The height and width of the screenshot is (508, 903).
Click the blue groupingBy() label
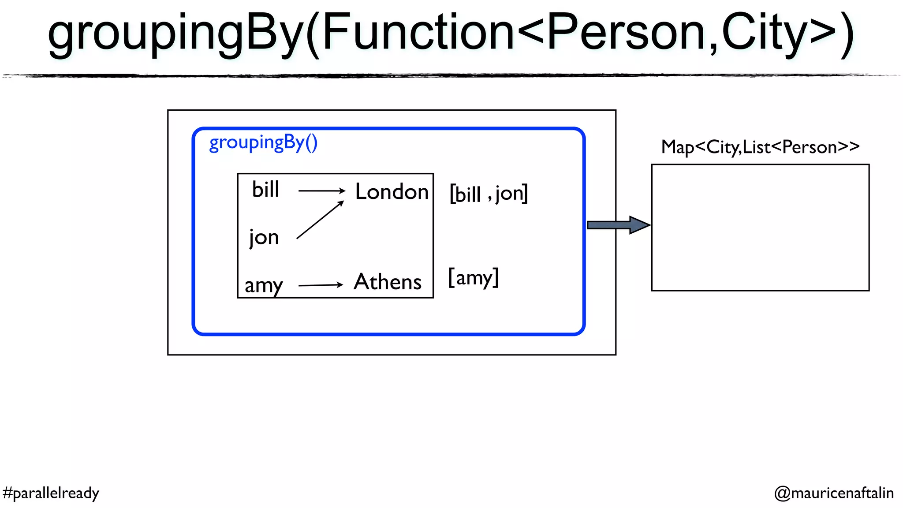click(x=263, y=143)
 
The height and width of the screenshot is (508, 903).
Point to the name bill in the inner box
click(x=266, y=190)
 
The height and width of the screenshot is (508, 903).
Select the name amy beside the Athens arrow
click(x=264, y=285)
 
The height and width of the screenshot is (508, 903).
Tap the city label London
click(x=392, y=192)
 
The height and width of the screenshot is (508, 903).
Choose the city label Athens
click(x=388, y=282)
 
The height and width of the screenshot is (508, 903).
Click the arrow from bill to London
click(x=321, y=190)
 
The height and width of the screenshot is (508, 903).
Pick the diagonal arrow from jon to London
click(x=320, y=220)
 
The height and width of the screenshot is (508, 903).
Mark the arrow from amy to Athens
click(x=321, y=285)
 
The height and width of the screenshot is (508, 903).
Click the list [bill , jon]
click(x=489, y=194)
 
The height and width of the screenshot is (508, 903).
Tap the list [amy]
click(x=473, y=278)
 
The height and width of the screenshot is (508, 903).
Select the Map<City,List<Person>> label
click(x=760, y=147)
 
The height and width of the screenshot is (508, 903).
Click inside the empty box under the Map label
click(x=760, y=228)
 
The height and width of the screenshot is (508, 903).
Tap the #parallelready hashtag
click(x=51, y=493)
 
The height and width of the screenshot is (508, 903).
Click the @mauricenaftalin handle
click(x=834, y=493)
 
